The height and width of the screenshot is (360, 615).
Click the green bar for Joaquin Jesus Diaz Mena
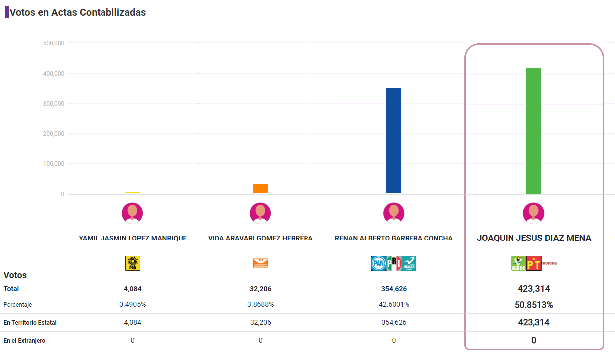click(x=534, y=130)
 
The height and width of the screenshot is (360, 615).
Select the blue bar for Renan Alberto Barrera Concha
click(x=394, y=140)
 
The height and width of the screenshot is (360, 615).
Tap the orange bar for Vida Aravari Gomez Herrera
click(x=261, y=188)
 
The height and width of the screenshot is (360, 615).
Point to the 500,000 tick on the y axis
click(x=54, y=43)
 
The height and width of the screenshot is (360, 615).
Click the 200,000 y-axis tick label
click(x=54, y=134)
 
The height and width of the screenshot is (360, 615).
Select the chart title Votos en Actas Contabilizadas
click(x=78, y=13)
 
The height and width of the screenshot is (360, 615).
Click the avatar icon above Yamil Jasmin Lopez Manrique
click(x=132, y=213)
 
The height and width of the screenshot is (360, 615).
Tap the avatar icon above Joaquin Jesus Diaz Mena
click(x=533, y=213)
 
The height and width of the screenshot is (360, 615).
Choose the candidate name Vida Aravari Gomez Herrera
click(x=261, y=239)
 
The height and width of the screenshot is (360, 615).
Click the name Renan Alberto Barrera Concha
click(x=394, y=239)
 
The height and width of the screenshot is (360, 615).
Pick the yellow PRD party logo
click(x=133, y=263)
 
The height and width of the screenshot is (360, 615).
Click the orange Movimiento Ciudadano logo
click(x=261, y=263)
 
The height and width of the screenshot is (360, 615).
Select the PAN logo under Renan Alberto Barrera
click(x=378, y=263)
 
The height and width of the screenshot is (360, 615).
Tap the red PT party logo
click(x=533, y=263)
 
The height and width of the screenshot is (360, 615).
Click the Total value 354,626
click(x=394, y=289)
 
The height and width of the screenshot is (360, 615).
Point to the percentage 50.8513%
click(x=534, y=305)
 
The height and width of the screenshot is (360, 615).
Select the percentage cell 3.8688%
click(x=261, y=305)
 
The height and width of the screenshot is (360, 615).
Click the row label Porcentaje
click(x=18, y=305)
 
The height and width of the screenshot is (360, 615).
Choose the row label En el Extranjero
click(x=25, y=341)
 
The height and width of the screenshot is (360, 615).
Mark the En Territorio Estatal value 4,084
click(x=133, y=323)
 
